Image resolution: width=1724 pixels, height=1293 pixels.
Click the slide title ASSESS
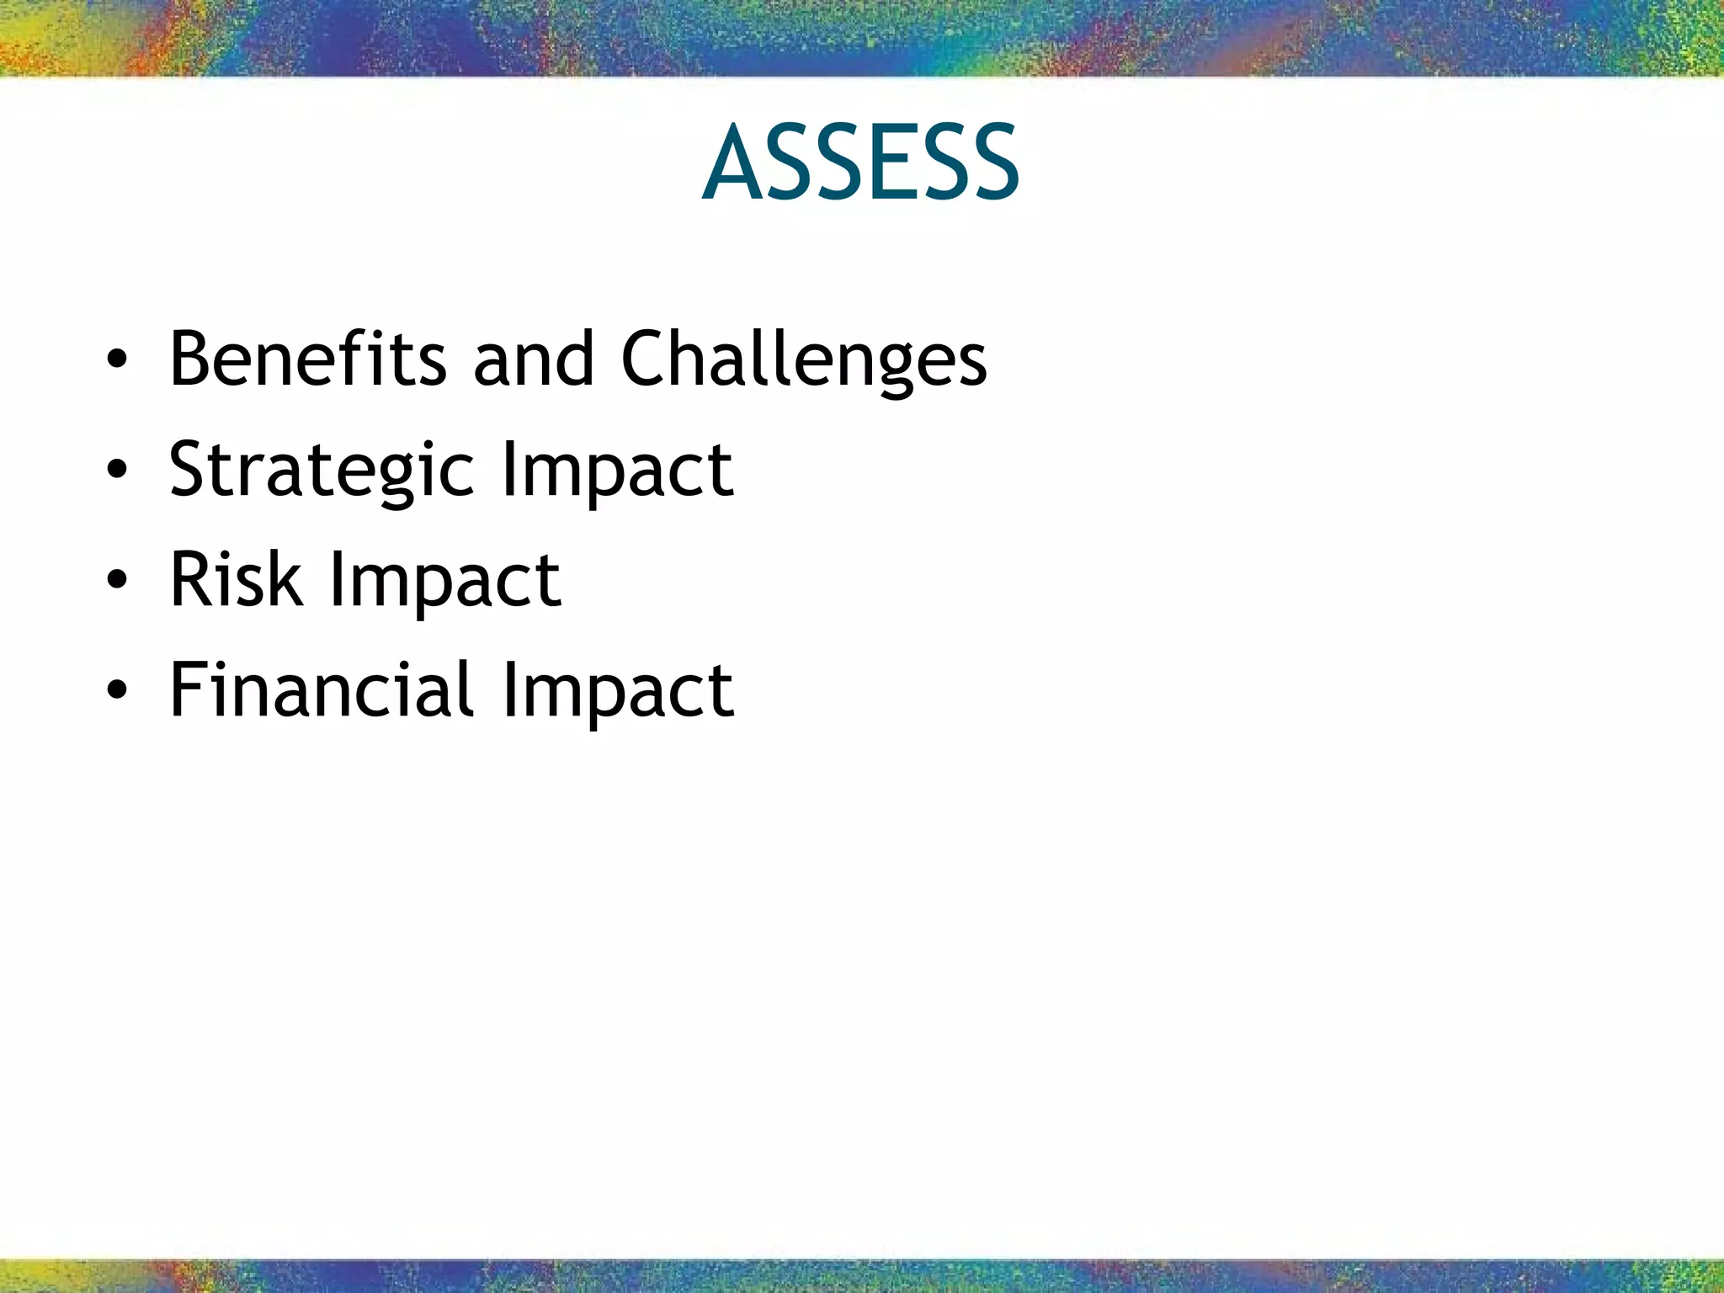pyautogui.click(x=860, y=162)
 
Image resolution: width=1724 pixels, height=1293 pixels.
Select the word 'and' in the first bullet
pyautogui.click(x=534, y=359)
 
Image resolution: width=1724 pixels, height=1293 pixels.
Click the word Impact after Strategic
pyautogui.click(x=617, y=471)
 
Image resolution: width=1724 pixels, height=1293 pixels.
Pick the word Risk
pyautogui.click(x=236, y=579)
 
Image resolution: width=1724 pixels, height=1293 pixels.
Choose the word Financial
pyautogui.click(x=322, y=690)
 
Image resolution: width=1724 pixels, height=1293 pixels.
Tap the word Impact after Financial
pyautogui.click(x=617, y=692)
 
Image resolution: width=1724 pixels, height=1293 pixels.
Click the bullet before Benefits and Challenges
pyautogui.click(x=117, y=360)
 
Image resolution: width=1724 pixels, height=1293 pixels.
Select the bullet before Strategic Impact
pyautogui.click(x=117, y=470)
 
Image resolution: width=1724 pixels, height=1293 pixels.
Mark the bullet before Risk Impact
pyautogui.click(x=117, y=580)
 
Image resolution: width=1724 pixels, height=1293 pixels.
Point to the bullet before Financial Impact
pyautogui.click(x=117, y=690)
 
